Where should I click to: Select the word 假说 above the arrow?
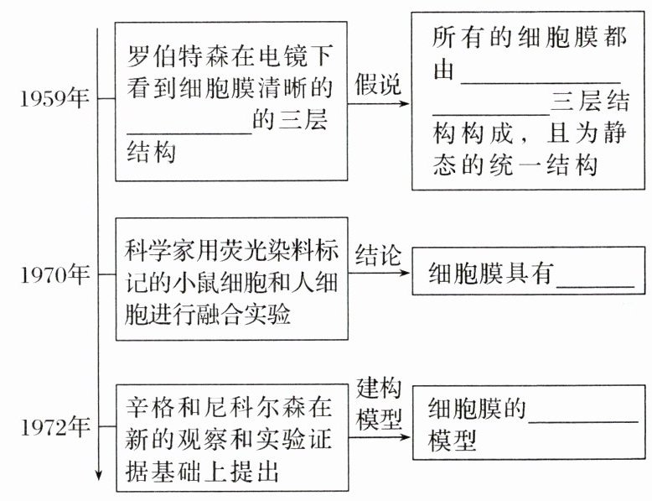378,84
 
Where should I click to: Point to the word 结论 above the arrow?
378,254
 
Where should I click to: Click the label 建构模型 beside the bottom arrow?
379,404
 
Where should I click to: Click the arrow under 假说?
379,104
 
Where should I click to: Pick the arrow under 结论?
379,274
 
